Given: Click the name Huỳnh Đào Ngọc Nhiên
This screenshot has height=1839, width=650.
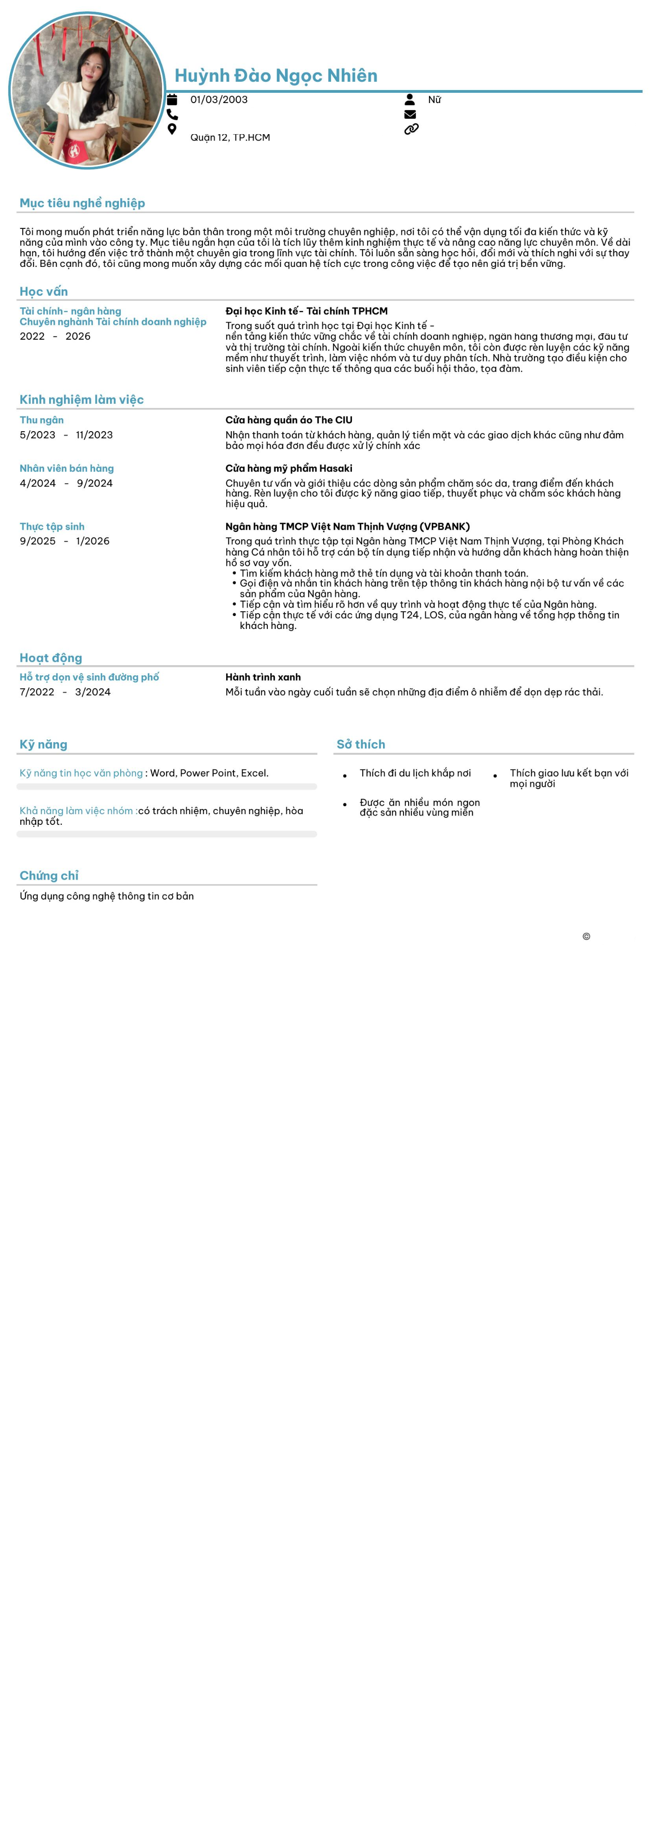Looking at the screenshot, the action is [276, 76].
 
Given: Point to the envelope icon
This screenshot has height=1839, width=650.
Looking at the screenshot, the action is [410, 114].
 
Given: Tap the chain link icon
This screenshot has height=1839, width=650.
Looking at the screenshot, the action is [411, 129].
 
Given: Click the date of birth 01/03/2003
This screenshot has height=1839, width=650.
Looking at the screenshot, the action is [219, 100].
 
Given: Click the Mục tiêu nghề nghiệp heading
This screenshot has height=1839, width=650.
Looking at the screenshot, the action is [82, 203].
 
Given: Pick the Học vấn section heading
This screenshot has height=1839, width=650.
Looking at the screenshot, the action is [44, 291].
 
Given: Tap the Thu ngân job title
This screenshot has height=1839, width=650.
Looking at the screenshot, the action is [41, 420].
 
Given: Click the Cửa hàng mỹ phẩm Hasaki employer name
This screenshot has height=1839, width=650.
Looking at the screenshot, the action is [289, 468].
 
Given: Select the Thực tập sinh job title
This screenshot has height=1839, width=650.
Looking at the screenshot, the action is [52, 526].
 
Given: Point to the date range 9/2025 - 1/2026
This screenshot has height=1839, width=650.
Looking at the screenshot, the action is [64, 541].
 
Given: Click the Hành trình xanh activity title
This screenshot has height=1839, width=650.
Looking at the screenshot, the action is [263, 677].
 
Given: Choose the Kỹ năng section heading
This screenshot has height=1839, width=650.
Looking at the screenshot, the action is [44, 744].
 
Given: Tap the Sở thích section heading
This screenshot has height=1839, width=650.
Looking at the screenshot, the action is [361, 744].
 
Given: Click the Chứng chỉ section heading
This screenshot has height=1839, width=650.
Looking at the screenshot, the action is [49, 875].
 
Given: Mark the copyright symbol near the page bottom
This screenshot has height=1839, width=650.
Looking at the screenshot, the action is [586, 937].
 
